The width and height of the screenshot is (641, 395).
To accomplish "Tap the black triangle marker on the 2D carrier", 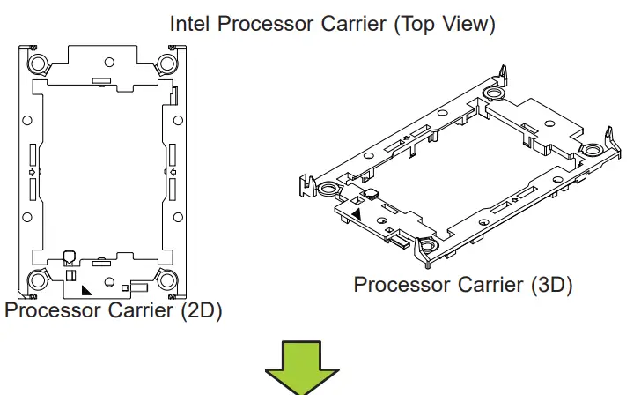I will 85,288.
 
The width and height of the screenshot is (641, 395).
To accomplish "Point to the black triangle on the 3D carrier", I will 357,212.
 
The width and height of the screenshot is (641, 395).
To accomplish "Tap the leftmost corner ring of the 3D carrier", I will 328,188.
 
